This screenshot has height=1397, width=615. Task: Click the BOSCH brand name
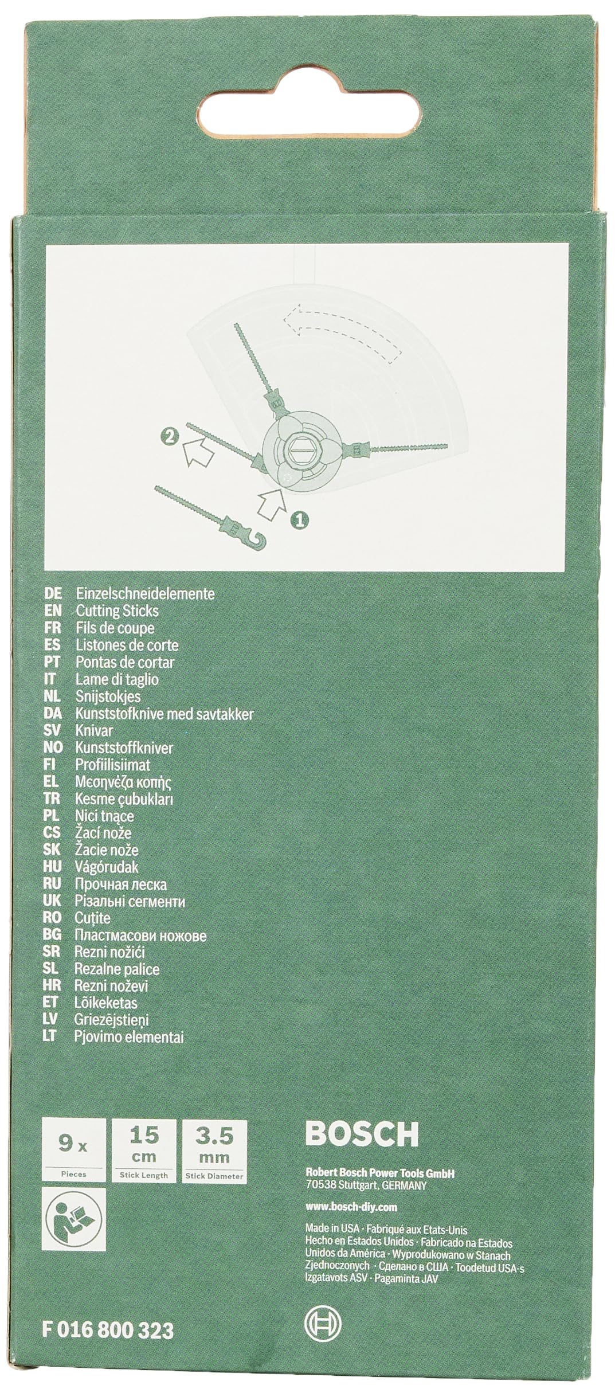(362, 1133)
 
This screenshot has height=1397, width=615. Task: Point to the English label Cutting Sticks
(117, 611)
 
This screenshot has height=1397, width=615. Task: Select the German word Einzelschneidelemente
(145, 594)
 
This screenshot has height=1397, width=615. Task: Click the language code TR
(52, 799)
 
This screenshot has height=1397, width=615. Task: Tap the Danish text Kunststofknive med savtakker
(164, 714)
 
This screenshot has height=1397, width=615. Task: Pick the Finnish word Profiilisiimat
(113, 765)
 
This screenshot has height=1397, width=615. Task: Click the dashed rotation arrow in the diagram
(342, 331)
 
